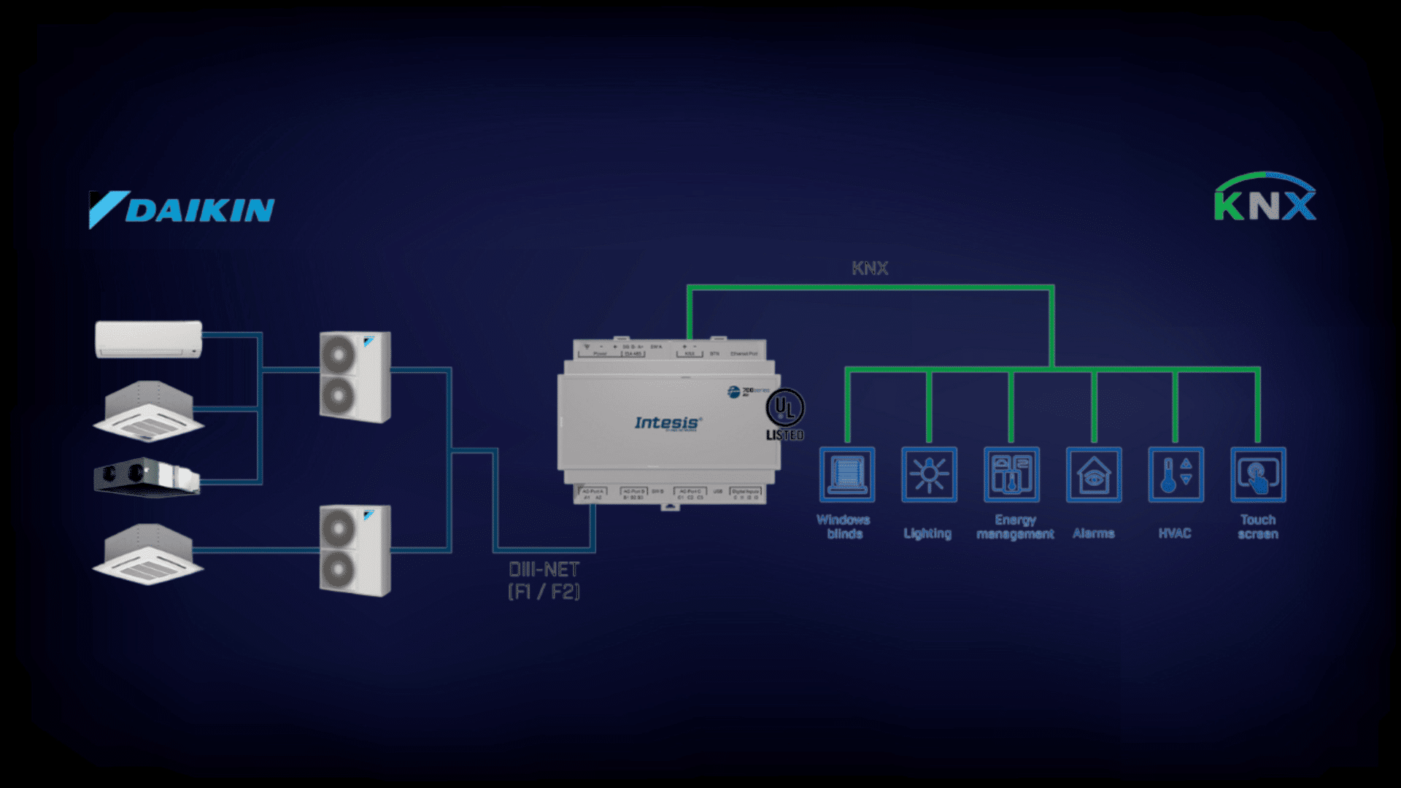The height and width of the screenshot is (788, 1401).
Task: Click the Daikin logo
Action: (182, 209)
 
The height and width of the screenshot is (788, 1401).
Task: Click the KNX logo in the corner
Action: (1265, 198)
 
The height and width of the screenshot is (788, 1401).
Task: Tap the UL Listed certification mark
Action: (785, 414)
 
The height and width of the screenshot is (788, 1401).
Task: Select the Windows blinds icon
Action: (846, 475)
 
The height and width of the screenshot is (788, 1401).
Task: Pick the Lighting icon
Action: (929, 475)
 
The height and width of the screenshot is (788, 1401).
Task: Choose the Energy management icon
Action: (1011, 475)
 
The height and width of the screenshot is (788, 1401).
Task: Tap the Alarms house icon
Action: (1094, 475)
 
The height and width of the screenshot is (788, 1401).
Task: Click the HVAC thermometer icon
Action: (1176, 475)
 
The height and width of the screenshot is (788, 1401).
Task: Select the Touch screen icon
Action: (1258, 475)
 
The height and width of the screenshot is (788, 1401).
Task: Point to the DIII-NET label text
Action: (544, 580)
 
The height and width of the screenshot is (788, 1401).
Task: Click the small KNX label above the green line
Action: (870, 269)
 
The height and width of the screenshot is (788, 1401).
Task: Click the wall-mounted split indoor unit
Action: (149, 339)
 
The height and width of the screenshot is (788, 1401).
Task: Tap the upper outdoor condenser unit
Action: (355, 377)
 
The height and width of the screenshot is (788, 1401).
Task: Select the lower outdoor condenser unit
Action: (355, 550)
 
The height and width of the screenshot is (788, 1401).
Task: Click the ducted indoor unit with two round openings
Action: (146, 477)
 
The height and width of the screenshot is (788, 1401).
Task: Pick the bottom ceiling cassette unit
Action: (148, 555)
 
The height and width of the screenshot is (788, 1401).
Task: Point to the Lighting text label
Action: (927, 533)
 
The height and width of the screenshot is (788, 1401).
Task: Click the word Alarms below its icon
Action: (1093, 533)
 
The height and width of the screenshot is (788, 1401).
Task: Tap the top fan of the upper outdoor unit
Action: (338, 355)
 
